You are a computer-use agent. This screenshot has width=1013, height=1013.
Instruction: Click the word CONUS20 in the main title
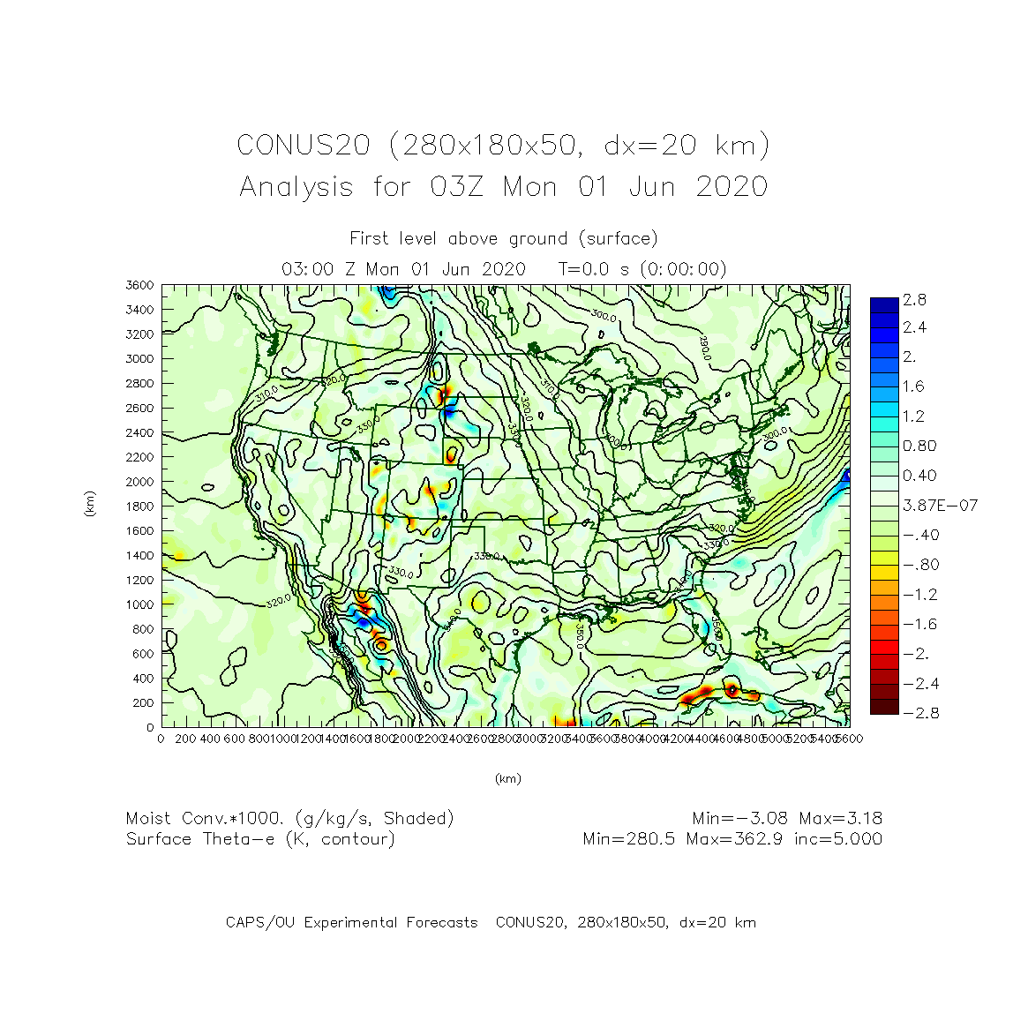point(304,145)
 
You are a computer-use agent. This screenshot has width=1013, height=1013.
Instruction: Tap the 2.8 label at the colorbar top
point(915,300)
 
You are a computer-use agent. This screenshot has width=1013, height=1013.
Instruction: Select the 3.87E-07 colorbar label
point(940,506)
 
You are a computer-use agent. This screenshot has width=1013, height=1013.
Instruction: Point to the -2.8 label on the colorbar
point(920,713)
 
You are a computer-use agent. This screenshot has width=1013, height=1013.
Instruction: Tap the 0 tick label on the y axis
point(150,728)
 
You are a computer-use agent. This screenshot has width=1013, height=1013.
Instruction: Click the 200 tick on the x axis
point(185,739)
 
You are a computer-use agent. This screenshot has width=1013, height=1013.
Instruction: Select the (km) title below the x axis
point(507,778)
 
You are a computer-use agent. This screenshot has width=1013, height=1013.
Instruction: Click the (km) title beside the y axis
point(90,504)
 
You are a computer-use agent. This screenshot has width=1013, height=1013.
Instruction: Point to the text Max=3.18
point(841,819)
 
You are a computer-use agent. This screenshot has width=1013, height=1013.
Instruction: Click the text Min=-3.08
point(740,819)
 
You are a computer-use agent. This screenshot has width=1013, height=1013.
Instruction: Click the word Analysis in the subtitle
point(296,187)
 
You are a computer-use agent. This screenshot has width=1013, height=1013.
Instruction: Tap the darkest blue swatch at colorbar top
point(884,305)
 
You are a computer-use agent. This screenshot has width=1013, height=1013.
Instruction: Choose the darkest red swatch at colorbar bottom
point(884,707)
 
